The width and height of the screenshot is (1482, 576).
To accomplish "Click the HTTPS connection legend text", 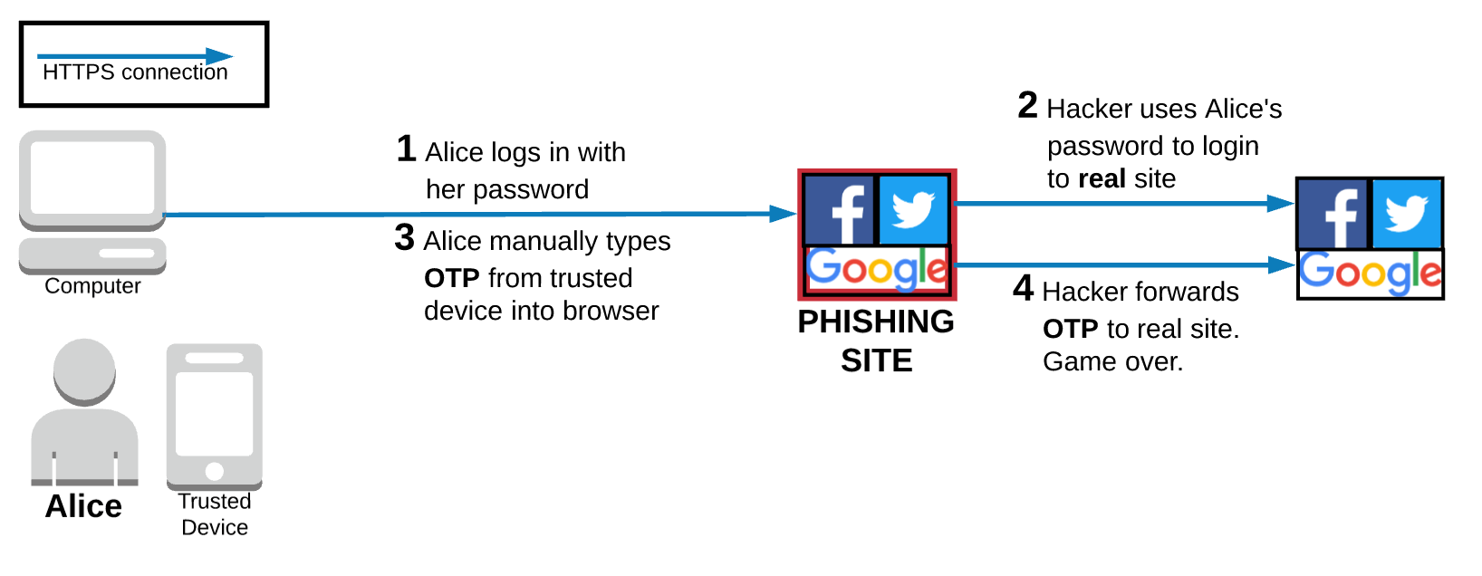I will coord(135,72).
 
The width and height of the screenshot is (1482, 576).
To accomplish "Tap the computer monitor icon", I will coord(92,178).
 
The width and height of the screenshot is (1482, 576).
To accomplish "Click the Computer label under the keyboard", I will coord(92,286).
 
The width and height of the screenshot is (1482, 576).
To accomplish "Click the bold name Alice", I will coord(83,506).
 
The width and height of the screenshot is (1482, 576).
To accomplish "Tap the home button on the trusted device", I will coord(215,471).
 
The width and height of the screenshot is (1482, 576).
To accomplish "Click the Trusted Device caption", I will coord(215,514).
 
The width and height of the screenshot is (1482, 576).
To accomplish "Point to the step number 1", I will coord(406,149).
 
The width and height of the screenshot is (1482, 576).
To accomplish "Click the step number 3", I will coord(404,238).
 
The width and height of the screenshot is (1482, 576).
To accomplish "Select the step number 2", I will coord(1027,106).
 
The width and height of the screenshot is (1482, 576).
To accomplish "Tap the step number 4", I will coord(1023,289).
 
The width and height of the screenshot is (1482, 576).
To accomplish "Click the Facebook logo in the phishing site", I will coord(840,210).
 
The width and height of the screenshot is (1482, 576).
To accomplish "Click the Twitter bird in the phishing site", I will coord(913,210).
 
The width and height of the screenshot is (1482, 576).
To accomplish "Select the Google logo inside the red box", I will coord(877,269).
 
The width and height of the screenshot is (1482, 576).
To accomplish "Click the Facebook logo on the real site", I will coord(1333,214).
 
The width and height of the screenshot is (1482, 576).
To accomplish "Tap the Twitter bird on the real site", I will coord(1407,214).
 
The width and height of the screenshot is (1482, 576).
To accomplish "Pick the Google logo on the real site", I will coord(1370,273).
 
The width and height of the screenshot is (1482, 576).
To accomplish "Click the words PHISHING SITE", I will coord(876,341).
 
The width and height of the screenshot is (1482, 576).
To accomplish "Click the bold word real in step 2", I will coord(1102,179).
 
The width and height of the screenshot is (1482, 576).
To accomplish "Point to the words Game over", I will coord(1112,362).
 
